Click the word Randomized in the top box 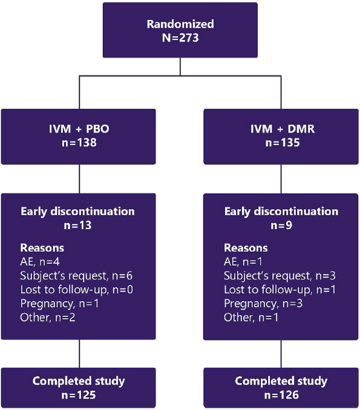[180, 24]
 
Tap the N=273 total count [180, 38]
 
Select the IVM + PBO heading [79, 129]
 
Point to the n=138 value [79, 143]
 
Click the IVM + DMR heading [283, 129]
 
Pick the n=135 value [283, 143]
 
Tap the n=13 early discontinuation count [77, 226]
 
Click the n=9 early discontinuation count [281, 226]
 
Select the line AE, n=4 [40, 262]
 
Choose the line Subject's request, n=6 [76, 276]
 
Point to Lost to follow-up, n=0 [76, 290]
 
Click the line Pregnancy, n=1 [59, 304]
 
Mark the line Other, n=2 [48, 317]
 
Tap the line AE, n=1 [243, 262]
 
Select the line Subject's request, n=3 [280, 276]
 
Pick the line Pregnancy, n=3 [263, 304]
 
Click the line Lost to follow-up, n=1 [280, 290]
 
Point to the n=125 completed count [79, 395]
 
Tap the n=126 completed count [281, 395]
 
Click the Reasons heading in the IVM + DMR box [246, 248]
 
